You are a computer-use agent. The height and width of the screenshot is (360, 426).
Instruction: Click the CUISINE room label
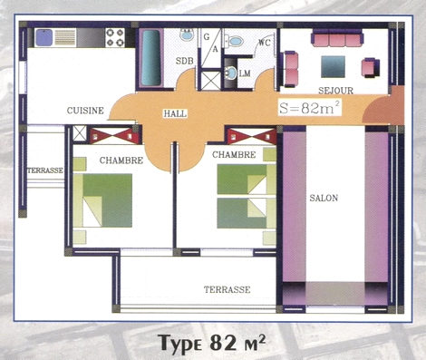coord(85,111)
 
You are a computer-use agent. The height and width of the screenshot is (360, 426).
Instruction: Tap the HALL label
coord(175,113)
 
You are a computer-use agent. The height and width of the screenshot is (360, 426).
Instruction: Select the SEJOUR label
coord(335,91)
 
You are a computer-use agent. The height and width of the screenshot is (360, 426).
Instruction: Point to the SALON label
coord(324,198)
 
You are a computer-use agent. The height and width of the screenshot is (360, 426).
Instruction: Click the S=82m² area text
coord(310,108)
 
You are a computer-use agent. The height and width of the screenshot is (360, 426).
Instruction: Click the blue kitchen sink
coord(44,37)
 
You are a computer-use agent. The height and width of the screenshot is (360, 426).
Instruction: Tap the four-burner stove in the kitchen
coord(115,37)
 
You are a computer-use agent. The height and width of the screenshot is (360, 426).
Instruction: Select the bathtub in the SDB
coord(151,58)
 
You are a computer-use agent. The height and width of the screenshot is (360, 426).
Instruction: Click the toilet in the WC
coord(234,41)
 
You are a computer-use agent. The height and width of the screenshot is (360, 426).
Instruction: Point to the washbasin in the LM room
coord(231,73)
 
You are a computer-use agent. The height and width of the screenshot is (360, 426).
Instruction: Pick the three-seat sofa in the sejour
coord(337,38)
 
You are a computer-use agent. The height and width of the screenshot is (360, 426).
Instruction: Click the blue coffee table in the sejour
coord(333,66)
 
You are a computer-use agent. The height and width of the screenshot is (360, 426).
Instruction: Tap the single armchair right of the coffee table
coord(371,68)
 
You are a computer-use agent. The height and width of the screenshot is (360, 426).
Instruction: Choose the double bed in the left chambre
coord(102,200)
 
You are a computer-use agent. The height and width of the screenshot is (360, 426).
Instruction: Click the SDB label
coord(185,61)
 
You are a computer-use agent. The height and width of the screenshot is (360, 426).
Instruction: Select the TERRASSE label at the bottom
coord(227,289)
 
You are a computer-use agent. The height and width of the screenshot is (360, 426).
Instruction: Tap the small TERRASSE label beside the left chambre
coord(45,170)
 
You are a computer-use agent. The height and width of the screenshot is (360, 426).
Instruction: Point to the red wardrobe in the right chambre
coord(252,136)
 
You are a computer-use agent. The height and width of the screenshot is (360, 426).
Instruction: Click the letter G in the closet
coord(207,37)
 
